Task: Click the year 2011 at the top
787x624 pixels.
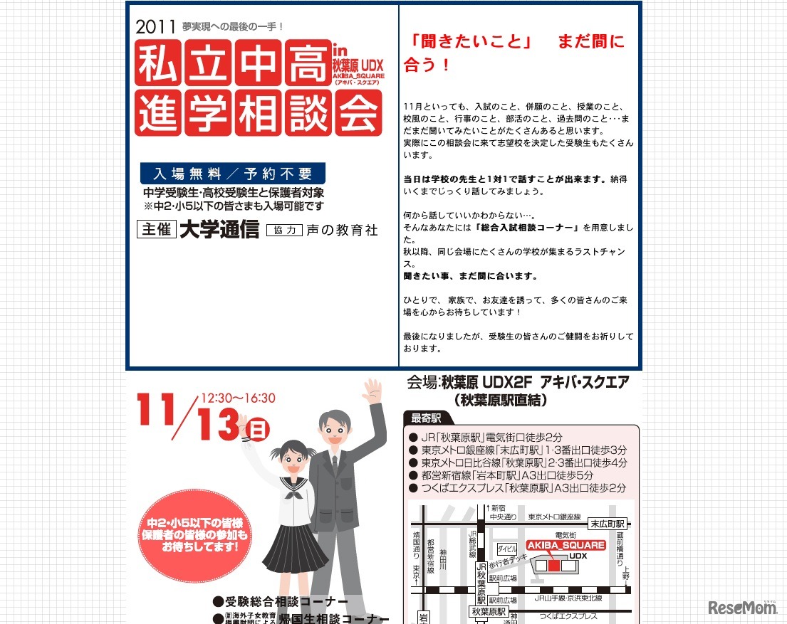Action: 155,28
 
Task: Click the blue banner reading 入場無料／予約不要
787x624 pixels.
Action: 233,174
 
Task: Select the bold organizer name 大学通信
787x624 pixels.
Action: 219,231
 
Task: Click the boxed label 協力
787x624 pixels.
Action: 284,231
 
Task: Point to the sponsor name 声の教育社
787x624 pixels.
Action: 343,231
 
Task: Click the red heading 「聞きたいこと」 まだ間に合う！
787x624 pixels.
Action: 513,53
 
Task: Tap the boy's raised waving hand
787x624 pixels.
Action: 372,392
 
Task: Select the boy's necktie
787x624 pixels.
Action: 335,466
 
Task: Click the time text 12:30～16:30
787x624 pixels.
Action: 238,398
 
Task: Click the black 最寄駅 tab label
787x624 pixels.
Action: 427,418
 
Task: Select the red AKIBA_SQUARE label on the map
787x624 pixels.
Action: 566,545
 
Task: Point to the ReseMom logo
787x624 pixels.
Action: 743,607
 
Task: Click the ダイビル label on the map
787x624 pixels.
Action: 507,549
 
